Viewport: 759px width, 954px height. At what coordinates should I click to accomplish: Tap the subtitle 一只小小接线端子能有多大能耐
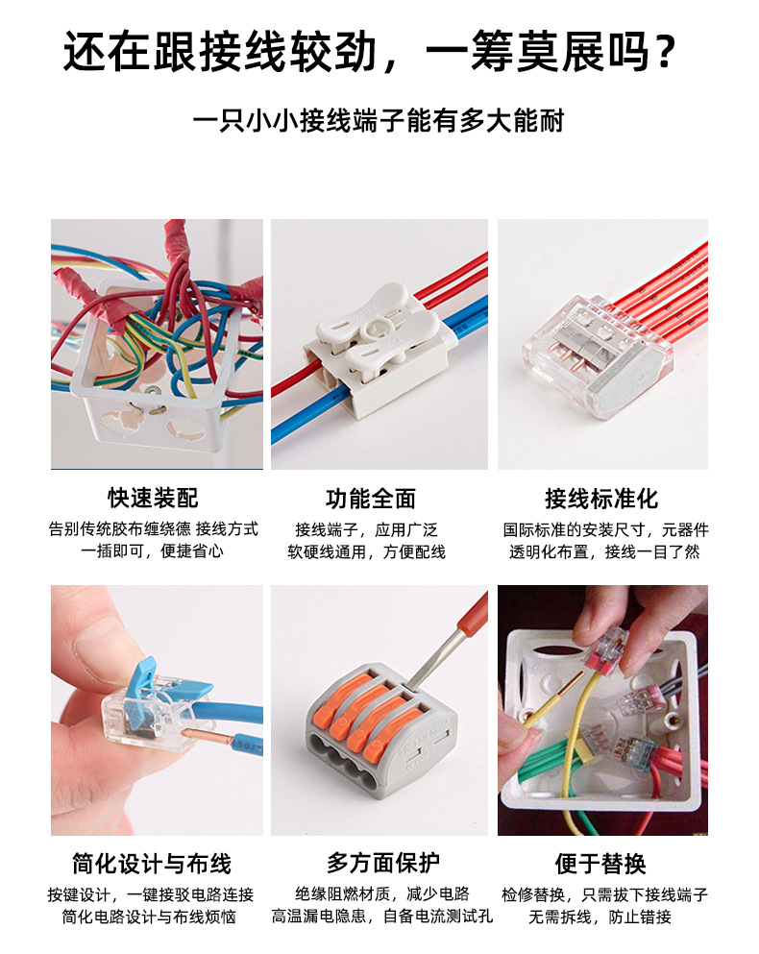379,122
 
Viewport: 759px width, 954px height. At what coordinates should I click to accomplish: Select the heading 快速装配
155,498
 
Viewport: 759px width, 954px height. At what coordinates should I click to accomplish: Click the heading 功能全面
371,498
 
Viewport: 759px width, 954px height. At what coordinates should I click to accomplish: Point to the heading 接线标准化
601,498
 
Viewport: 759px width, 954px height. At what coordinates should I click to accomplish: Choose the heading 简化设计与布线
152,863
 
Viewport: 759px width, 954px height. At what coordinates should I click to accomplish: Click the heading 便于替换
600,863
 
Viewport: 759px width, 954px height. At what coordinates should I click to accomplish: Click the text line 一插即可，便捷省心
153,552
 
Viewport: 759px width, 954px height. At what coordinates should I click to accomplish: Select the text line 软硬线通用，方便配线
366,552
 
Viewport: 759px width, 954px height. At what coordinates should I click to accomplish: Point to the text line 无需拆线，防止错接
600,917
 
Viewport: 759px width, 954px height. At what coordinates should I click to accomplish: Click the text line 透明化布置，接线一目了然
604,552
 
